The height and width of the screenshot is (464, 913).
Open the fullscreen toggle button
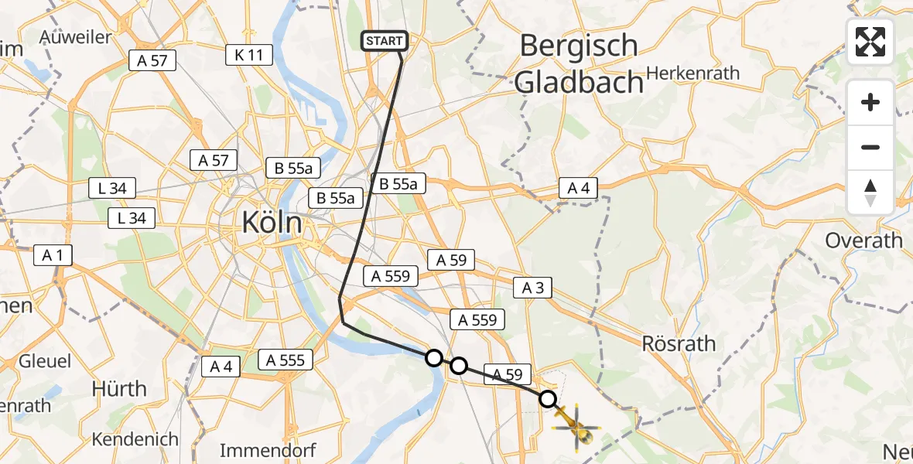coord(870,42)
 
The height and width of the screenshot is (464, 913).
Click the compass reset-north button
coord(870,192)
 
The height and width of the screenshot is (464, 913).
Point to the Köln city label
coord(272,223)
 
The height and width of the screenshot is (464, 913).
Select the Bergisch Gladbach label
coord(579,63)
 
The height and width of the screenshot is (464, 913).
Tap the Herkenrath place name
coord(692,73)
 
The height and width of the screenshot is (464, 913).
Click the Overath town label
coord(863,241)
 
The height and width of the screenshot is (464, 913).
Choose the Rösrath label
coord(679,343)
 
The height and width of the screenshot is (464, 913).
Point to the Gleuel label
coord(44,361)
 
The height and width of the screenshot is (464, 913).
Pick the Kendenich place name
coord(135,439)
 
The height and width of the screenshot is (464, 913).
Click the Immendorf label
coord(268,450)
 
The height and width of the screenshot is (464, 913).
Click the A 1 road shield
coord(53,255)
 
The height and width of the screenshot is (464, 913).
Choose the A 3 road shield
coord(532,288)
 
